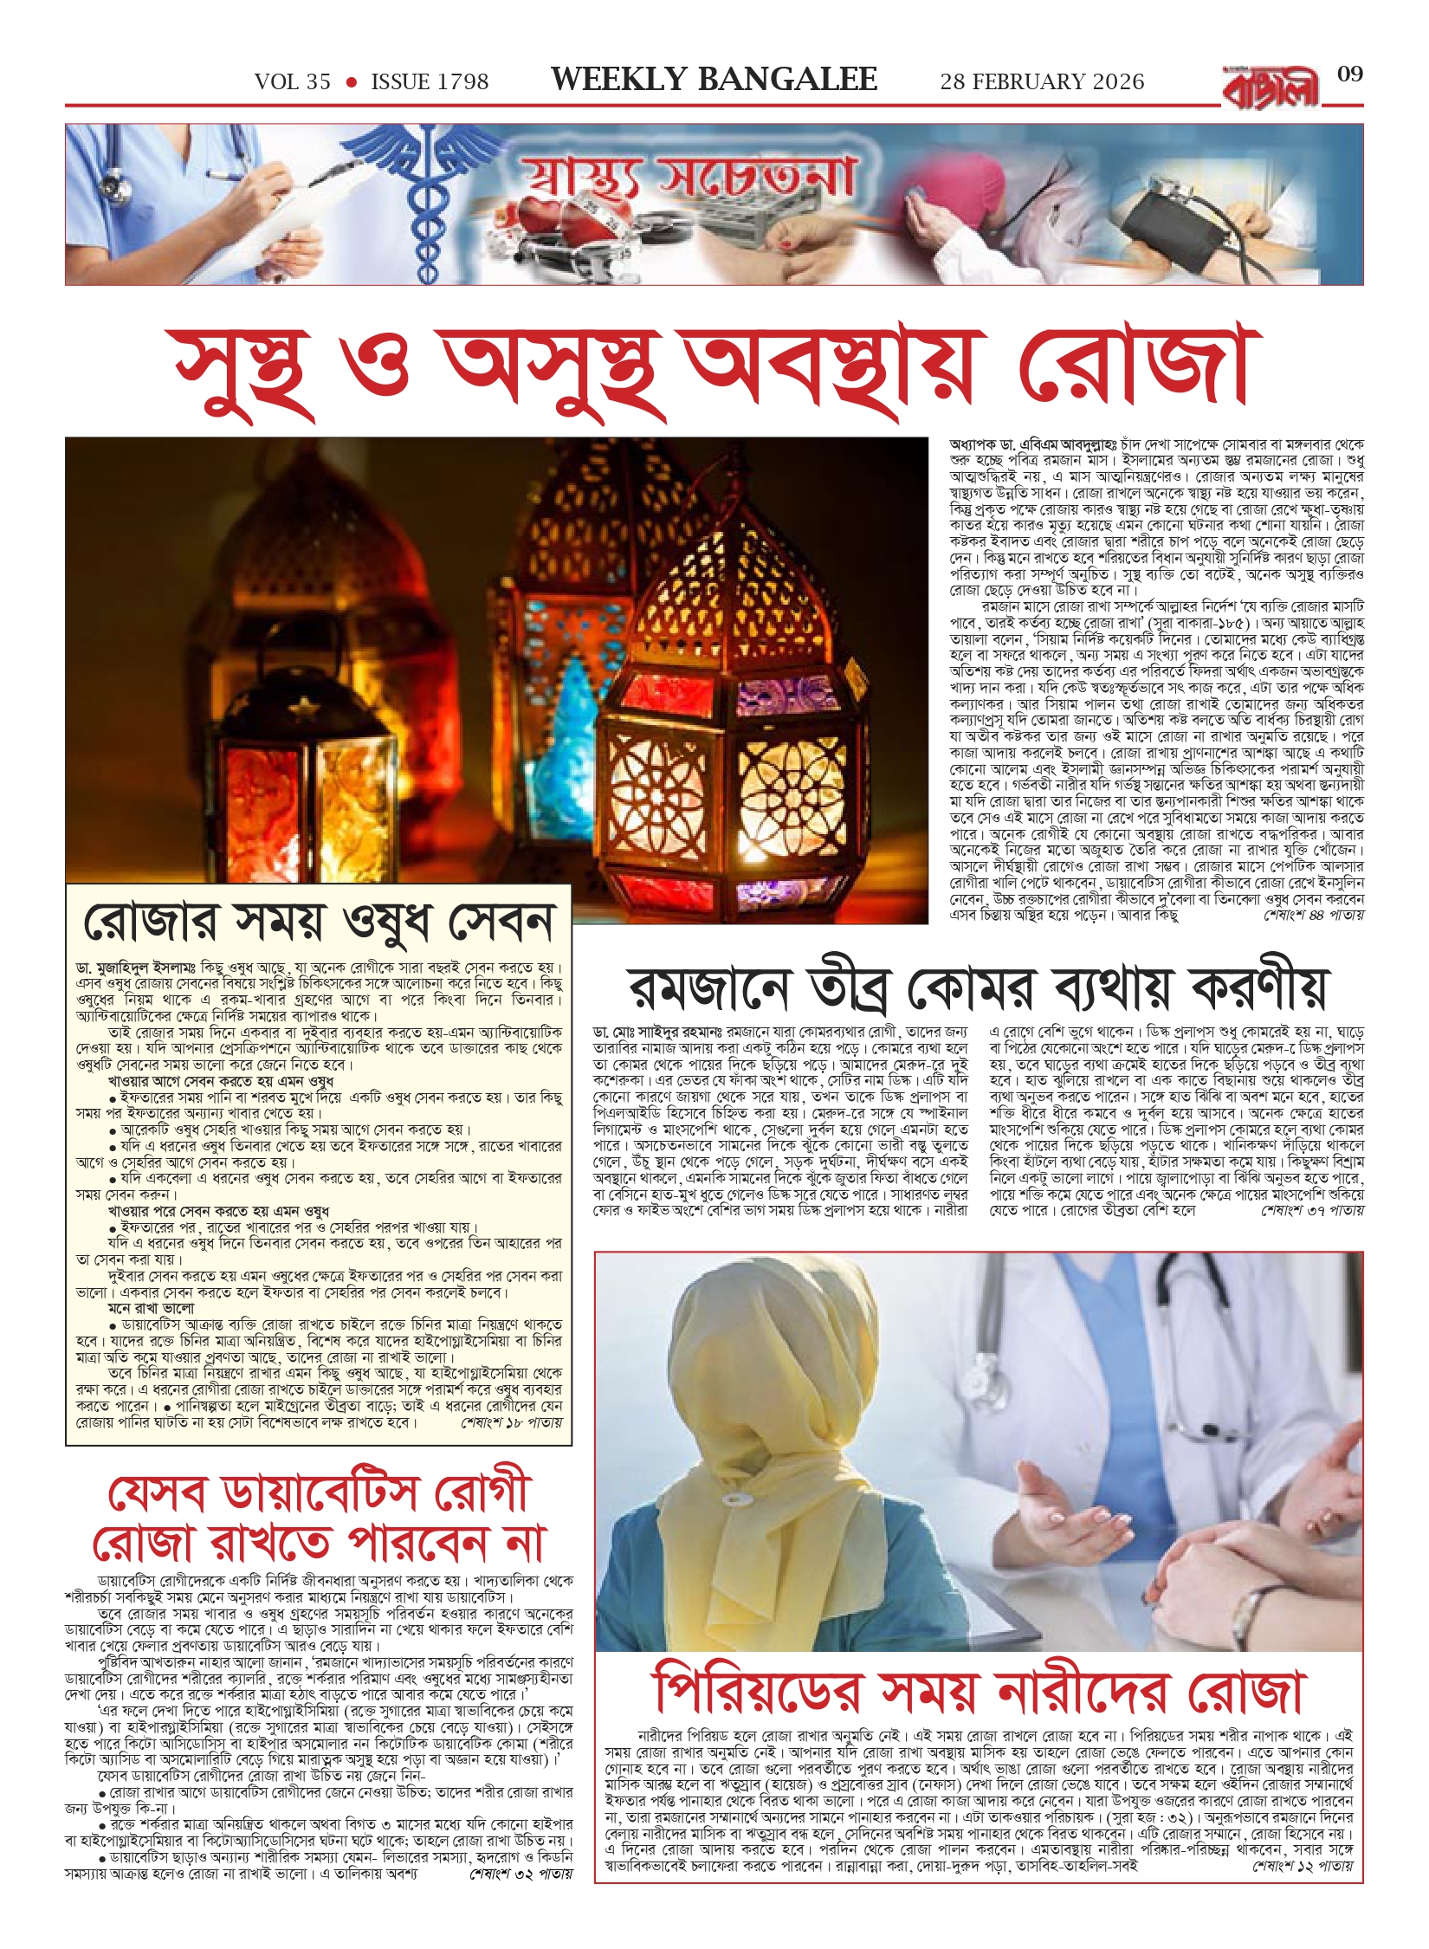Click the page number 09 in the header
[x=1349, y=74]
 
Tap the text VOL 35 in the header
[x=293, y=82]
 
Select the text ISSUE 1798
[x=430, y=82]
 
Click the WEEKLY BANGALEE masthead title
[x=714, y=81]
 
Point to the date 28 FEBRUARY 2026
[x=1042, y=82]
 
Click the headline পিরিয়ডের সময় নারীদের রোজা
[x=979, y=1690]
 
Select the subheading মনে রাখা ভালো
[x=152, y=1308]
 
